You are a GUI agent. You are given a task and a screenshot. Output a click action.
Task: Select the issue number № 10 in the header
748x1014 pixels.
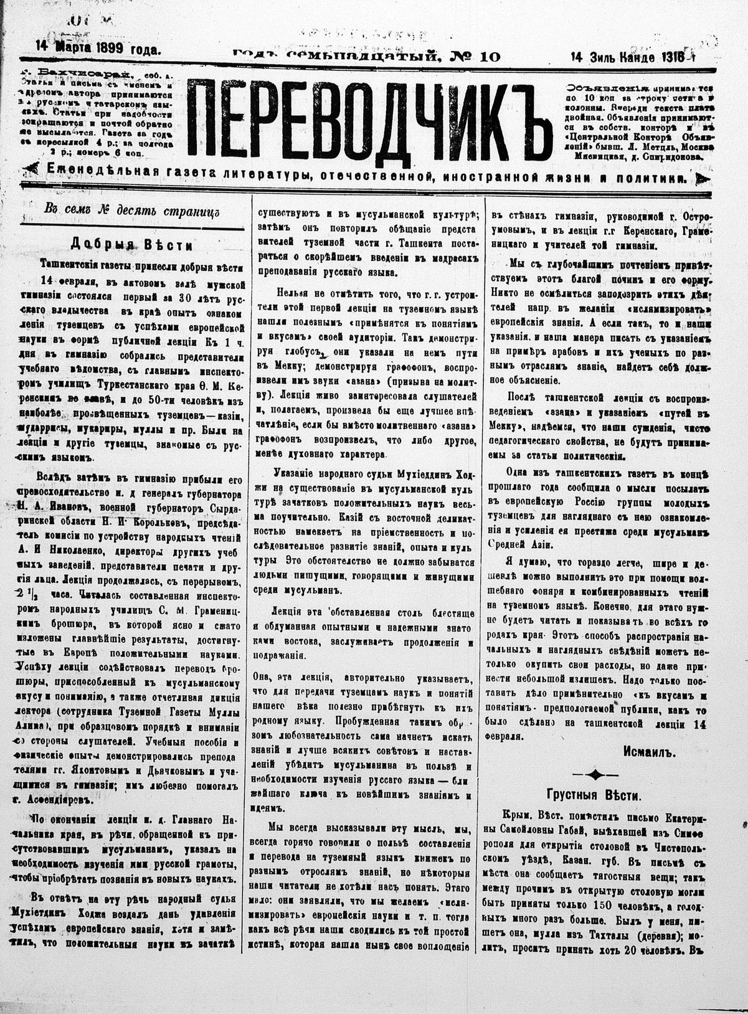click(477, 55)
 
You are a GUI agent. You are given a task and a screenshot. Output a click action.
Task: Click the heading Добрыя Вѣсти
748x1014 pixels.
click(131, 244)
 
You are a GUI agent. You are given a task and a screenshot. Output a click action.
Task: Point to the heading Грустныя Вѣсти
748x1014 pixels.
click(594, 795)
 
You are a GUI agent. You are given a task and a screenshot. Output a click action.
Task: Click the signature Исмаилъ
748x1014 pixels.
click(648, 752)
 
